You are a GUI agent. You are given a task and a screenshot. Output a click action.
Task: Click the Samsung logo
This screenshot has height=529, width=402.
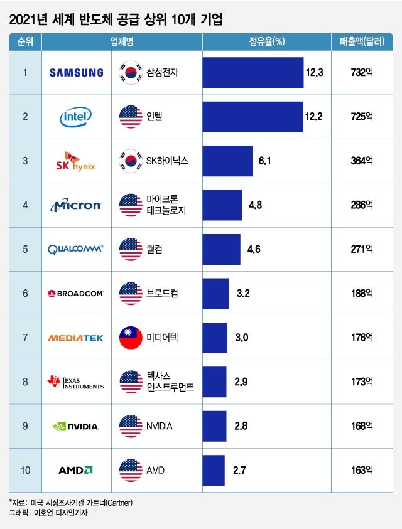click(x=76, y=72)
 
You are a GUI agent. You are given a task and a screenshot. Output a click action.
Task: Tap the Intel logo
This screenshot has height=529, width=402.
click(x=76, y=116)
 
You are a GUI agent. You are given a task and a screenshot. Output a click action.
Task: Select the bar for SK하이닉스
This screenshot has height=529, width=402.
click(x=227, y=161)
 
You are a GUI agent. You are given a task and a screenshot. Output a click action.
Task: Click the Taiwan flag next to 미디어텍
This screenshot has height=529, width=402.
click(x=131, y=338)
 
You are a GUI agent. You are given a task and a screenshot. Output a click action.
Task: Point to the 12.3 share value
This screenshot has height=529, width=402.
click(x=313, y=72)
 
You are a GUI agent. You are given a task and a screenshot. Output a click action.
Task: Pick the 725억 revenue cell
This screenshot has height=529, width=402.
click(x=362, y=116)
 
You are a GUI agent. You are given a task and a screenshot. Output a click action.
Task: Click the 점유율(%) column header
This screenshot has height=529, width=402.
click(x=266, y=42)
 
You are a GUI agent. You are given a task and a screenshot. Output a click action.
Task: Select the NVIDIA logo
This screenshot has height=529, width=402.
click(x=76, y=426)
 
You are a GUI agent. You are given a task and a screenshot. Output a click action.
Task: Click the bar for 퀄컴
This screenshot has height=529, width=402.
click(x=221, y=249)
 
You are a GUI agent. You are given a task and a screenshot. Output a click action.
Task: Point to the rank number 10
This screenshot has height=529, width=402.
click(x=25, y=470)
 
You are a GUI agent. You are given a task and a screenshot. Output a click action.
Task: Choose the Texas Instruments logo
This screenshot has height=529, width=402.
click(x=76, y=382)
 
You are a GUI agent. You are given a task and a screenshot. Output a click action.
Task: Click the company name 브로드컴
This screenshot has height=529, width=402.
click(x=162, y=293)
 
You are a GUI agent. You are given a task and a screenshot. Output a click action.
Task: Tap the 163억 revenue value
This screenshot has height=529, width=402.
click(x=362, y=470)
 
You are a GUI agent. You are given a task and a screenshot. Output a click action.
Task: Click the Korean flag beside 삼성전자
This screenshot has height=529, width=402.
click(x=131, y=72)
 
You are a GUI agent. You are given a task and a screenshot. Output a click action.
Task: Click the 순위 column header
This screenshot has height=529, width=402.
click(x=25, y=42)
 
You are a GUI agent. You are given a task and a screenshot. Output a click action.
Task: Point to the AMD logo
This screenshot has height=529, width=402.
click(x=76, y=470)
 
